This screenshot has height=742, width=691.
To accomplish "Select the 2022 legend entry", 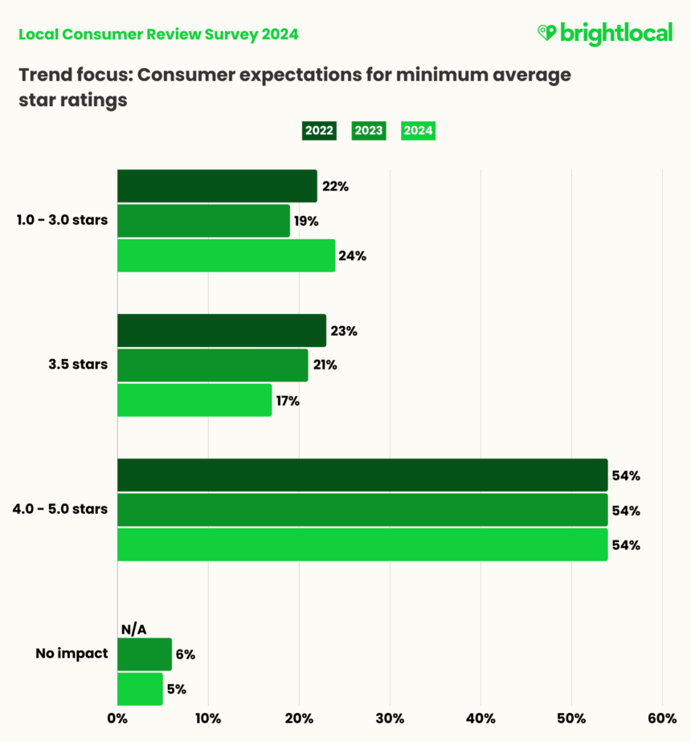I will pos(319,131).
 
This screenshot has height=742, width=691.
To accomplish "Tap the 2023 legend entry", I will pos(368,131).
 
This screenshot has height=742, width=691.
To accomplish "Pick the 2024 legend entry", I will pos(418,131).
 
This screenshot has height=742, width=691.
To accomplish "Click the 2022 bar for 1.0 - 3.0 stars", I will pos(217,186).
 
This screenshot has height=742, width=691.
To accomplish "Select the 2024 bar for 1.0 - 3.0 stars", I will pos(226,255).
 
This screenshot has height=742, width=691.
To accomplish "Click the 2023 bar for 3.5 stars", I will pos(212,365).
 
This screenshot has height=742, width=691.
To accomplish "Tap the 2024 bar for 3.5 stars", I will pos(194,400).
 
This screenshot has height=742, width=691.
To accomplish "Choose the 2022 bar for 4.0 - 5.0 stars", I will pos(362,475).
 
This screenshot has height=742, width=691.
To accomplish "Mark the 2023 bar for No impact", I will pos(144,654).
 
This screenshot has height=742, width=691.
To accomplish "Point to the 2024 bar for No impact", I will pos(140,689).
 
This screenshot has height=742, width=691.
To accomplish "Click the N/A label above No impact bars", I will pos(133,629).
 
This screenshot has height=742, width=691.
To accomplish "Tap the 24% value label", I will pos(353,256).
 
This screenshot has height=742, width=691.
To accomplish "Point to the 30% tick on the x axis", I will pos(390,719).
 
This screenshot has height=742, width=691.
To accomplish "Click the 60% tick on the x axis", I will pos(662,719).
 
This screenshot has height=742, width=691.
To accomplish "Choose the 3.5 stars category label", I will pos(78,365).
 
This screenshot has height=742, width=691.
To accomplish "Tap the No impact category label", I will pos(72,654).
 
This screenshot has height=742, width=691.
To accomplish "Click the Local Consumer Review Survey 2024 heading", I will pos(158,34).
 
